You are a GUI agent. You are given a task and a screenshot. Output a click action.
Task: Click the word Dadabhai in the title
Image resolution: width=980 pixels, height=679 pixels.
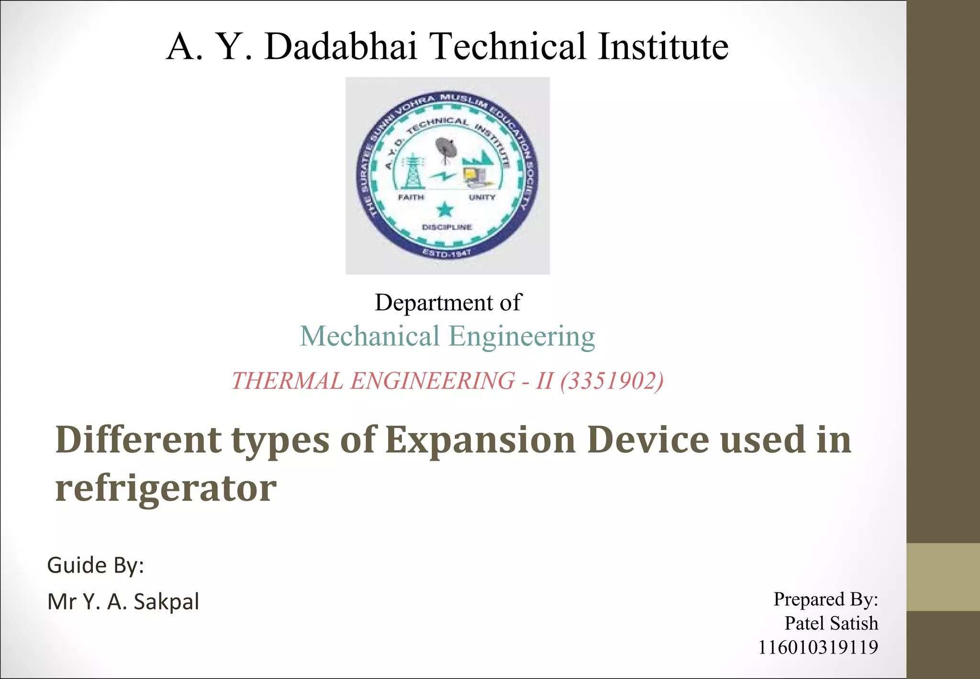click(341, 46)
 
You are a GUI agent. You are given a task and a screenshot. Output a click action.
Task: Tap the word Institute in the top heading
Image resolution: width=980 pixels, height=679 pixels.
click(663, 46)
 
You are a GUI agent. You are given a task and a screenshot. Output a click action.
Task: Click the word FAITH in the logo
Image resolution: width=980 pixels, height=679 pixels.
click(411, 197)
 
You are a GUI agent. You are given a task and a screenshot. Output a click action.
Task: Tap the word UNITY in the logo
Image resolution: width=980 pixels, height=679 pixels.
click(482, 197)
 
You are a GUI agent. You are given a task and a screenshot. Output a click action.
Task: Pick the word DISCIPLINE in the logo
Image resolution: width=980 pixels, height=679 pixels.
click(447, 227)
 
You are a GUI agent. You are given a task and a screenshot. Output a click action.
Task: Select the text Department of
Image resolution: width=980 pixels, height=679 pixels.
click(447, 303)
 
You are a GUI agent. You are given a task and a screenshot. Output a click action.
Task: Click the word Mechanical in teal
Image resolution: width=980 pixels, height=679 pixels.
click(369, 336)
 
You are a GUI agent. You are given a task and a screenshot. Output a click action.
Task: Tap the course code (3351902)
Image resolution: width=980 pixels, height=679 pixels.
click(612, 381)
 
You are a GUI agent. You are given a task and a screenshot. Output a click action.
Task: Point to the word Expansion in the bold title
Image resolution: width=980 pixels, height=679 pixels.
click(480, 440)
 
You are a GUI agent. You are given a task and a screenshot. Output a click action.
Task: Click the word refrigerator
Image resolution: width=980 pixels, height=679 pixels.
click(166, 488)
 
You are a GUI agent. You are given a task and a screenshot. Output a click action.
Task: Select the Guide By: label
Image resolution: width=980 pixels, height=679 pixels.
click(96, 566)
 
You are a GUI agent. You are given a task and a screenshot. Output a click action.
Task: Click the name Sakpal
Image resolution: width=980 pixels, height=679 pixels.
click(166, 602)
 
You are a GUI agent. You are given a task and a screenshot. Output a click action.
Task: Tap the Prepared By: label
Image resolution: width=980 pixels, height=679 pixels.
click(825, 600)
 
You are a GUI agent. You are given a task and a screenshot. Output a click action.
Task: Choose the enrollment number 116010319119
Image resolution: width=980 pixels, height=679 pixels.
click(818, 647)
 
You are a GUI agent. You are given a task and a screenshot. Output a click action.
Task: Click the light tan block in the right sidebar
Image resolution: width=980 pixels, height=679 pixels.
click(943, 577)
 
